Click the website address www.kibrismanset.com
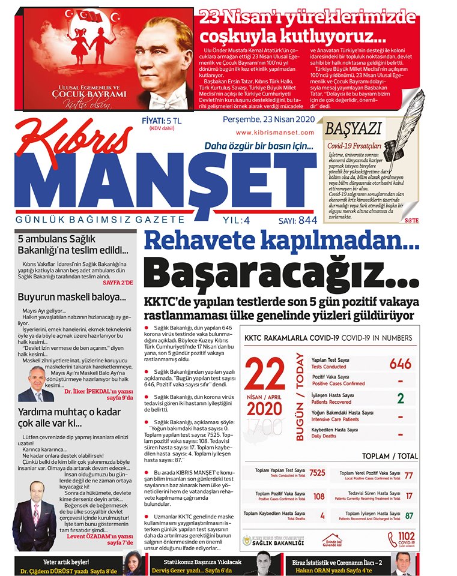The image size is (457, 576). (275, 133)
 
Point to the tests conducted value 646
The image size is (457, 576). (401, 364)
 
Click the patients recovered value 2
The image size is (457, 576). (401, 398)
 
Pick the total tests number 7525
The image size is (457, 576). (317, 473)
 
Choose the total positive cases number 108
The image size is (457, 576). (319, 496)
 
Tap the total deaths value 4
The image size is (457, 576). (322, 515)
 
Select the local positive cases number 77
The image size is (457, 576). (409, 476)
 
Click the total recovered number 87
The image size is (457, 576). (409, 515)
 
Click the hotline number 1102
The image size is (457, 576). (406, 537)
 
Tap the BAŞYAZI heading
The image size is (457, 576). (353, 128)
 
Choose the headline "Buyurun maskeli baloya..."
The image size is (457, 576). (71, 296)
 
